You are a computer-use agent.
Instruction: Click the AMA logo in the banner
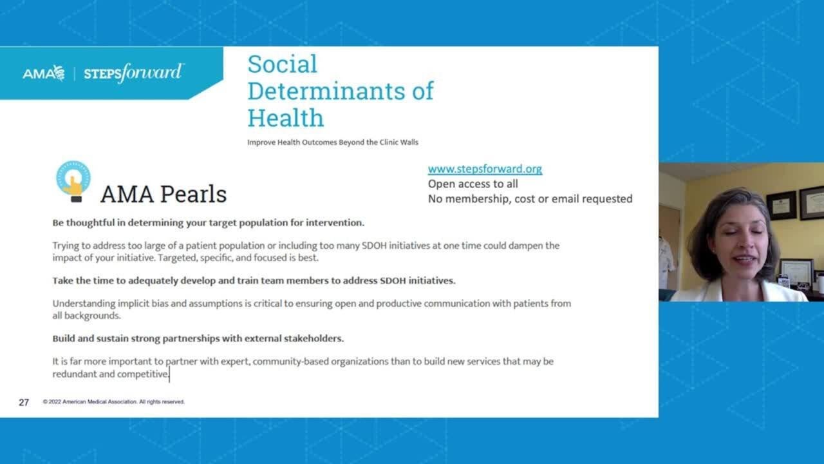point(43,73)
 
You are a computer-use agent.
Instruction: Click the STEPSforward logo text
point(133,73)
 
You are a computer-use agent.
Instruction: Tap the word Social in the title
point(282,64)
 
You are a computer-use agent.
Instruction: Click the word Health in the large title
point(285,118)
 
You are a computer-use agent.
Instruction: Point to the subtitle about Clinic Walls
point(332,142)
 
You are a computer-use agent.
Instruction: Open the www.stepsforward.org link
point(485,169)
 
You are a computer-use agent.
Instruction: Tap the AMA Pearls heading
point(164,194)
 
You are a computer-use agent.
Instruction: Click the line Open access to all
point(473,184)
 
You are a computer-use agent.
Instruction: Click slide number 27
point(24,402)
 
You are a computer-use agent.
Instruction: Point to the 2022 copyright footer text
point(114,401)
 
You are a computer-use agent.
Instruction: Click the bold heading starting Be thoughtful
point(208,223)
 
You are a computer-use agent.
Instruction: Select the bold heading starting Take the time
point(254,280)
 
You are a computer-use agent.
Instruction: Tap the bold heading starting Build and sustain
point(198,338)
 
